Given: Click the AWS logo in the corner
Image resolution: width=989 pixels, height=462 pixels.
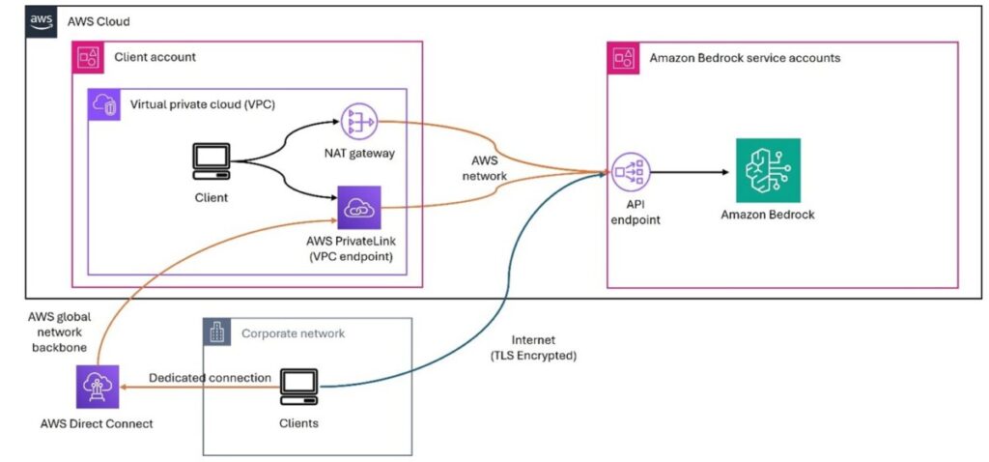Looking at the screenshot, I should coord(42,21).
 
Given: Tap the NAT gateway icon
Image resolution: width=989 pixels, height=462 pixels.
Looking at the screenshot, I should coord(359,123).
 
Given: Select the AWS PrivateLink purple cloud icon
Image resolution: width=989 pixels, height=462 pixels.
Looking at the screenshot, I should coord(359,208).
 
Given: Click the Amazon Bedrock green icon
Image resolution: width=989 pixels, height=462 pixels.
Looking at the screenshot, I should coord(767,172).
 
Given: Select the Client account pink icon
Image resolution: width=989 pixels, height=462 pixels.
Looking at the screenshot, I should coord(89,57).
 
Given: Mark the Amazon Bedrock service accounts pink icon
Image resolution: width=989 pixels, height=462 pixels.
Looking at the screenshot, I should coord(622,57).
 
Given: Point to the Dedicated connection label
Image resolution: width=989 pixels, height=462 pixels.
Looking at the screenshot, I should coord(210,377).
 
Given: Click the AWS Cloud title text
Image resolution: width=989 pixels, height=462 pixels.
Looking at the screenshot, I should coord(99,21).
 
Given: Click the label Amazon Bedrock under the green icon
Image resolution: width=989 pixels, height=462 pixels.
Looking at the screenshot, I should coord(768,215).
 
